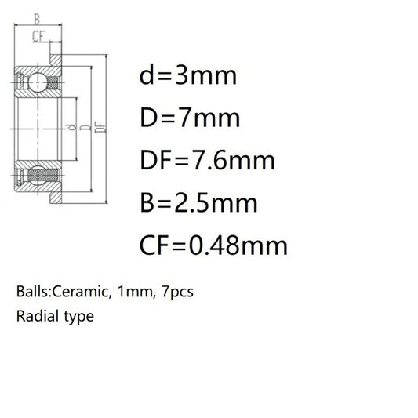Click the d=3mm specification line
click(188, 76)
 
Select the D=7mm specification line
click(190, 118)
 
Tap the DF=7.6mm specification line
click(207, 161)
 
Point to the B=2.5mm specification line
click(198, 203)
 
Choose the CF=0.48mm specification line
click(213, 245)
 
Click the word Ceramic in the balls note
click(81, 292)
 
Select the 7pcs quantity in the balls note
click(177, 293)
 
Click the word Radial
click(38, 316)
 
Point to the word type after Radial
click(79, 318)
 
